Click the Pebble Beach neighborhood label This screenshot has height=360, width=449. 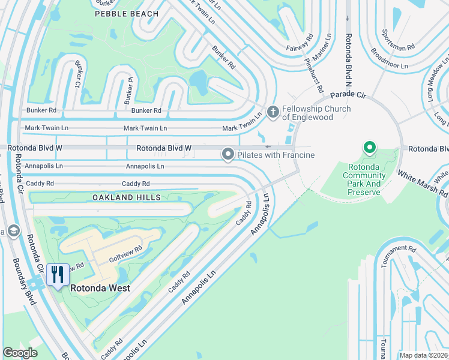point(127,13)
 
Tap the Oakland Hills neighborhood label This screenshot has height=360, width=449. point(127,197)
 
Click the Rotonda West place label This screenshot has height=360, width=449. point(100,288)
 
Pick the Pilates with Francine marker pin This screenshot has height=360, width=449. point(228,155)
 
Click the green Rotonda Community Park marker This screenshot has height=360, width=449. point(370,147)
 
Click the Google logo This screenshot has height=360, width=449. point(20,353)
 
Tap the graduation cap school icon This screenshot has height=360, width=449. point(13,231)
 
